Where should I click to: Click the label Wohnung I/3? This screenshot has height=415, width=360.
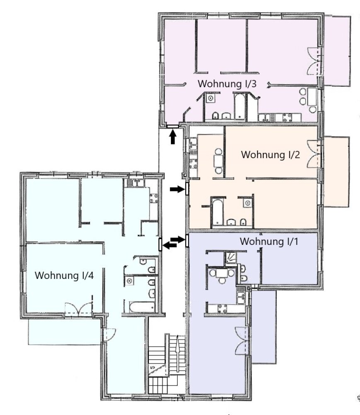pyautogui.click(x=227, y=84)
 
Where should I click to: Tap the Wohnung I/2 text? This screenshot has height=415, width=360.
pyautogui.click(x=270, y=154)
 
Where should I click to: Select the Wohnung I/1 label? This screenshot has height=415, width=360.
pyautogui.click(x=269, y=242)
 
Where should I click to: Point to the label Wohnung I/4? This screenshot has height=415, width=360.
pyautogui.click(x=64, y=275)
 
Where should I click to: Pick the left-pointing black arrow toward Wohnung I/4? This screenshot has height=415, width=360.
pyautogui.click(x=170, y=245)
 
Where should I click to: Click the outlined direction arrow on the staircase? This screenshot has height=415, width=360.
pyautogui.click(x=177, y=353)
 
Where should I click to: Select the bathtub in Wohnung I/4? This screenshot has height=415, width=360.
pyautogui.click(x=142, y=307)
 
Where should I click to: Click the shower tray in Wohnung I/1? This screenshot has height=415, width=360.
pyautogui.click(x=231, y=257)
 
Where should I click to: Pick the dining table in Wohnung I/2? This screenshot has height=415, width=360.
pyautogui.click(x=219, y=161)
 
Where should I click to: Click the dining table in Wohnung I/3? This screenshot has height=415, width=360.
pyautogui.click(x=312, y=96)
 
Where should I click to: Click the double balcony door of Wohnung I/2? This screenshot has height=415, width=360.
pyautogui.click(x=314, y=154)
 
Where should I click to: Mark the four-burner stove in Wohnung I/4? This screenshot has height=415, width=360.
pyautogui.click(x=154, y=198)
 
